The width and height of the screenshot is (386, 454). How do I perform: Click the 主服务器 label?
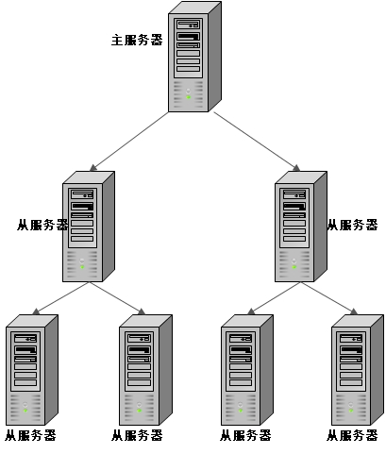pyautogui.click(x=137, y=41)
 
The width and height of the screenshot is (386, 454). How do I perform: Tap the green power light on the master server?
pyautogui.click(x=189, y=96)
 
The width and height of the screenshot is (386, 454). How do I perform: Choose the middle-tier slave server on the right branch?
pyautogui.click(x=300, y=227)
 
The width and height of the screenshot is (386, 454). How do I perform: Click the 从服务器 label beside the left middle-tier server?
pyautogui.click(x=42, y=226)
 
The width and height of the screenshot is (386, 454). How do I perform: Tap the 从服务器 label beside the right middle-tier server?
pyautogui.click(x=352, y=226)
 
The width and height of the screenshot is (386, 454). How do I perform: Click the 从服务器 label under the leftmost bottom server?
pyautogui.click(x=30, y=436)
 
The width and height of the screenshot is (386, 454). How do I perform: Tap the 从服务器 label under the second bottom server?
pyautogui.click(x=137, y=436)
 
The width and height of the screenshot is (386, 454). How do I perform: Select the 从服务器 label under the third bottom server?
pyautogui.click(x=245, y=436)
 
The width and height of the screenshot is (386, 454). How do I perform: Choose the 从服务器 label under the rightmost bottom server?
pyautogui.click(x=352, y=436)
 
